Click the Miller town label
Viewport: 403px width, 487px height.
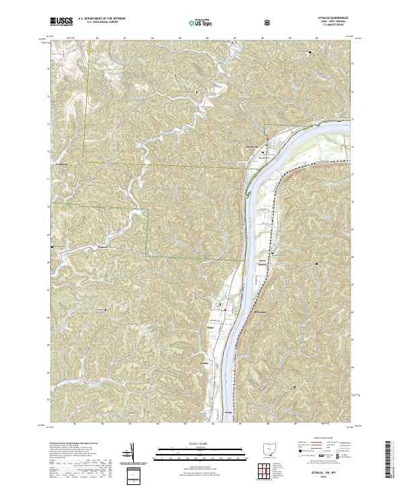click(x=219, y=327)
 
